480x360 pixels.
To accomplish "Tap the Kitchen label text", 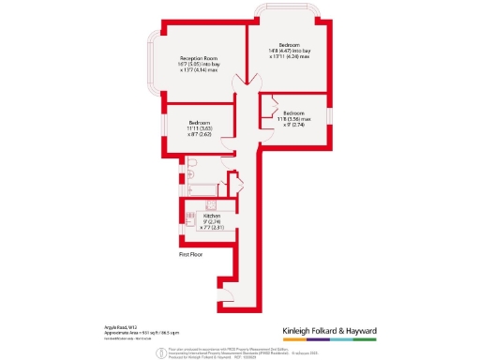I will [211, 216].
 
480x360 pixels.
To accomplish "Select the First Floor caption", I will [191, 253].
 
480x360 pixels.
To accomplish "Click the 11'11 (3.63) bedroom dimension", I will [199, 128].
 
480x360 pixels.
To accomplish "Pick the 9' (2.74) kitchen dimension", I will [211, 221].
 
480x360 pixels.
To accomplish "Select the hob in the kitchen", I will [210, 204].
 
